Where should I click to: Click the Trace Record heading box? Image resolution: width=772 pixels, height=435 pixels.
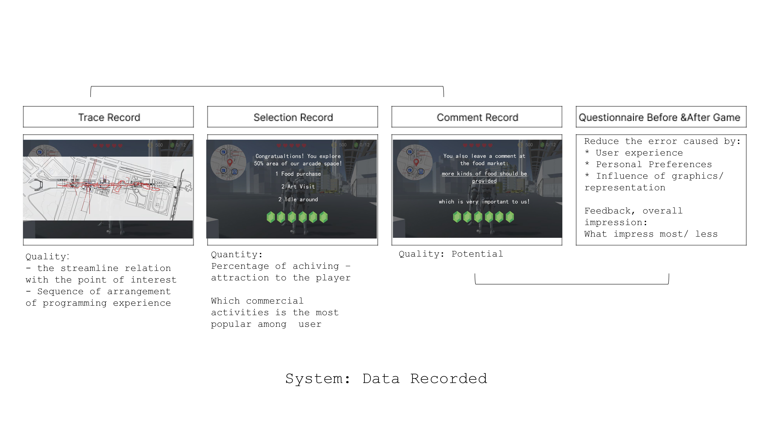tap(108, 117)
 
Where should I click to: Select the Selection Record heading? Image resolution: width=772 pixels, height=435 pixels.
tap(293, 117)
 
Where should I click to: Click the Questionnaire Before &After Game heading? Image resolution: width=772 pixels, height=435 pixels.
tap(661, 117)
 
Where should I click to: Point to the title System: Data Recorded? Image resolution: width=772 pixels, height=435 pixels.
tap(386, 379)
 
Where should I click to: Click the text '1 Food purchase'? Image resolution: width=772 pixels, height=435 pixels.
tap(298, 174)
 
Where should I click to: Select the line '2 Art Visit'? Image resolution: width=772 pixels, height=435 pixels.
tap(298, 186)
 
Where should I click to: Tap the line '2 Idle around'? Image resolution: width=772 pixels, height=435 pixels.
tap(298, 199)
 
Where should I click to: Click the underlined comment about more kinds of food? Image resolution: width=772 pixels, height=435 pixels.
tap(484, 177)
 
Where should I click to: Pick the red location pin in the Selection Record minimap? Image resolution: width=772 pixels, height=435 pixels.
tap(230, 162)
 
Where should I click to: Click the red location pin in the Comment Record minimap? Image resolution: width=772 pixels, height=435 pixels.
tap(416, 162)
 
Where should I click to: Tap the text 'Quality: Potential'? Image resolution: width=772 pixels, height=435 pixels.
tap(451, 254)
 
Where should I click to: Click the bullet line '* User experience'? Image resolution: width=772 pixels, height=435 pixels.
tap(634, 153)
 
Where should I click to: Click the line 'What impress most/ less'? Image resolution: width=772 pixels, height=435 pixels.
tap(651, 234)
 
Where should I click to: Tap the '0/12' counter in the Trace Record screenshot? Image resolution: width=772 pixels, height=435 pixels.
tap(180, 145)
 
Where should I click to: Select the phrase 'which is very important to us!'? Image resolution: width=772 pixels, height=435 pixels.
tap(484, 202)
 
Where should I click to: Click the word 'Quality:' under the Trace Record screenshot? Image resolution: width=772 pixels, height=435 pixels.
tap(47, 257)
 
